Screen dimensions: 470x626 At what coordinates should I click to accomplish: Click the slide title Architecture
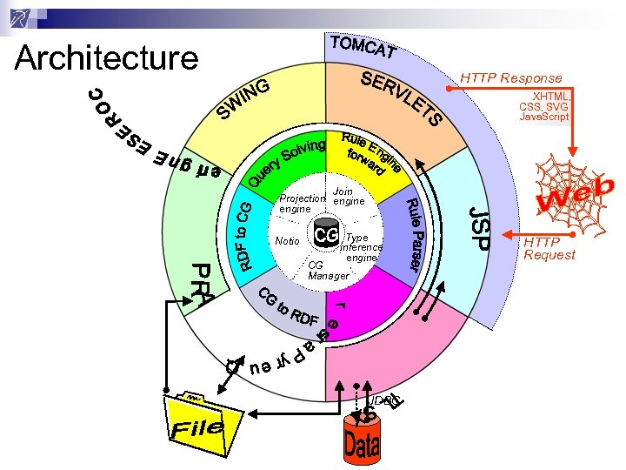[107, 58]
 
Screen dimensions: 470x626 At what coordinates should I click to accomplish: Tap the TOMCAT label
[364, 50]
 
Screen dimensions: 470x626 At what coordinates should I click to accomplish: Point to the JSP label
[479, 226]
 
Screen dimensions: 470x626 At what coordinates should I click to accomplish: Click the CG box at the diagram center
[326, 236]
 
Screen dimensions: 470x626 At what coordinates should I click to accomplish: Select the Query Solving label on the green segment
[286, 162]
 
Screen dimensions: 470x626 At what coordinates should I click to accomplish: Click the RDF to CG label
[245, 235]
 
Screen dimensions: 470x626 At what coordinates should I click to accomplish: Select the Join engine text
[350, 196]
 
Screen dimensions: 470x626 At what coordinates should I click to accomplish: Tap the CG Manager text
[327, 270]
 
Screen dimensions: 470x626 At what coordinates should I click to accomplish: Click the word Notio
[286, 241]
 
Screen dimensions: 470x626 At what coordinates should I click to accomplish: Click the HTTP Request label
[549, 248]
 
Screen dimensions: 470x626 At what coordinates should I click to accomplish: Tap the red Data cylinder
[361, 440]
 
